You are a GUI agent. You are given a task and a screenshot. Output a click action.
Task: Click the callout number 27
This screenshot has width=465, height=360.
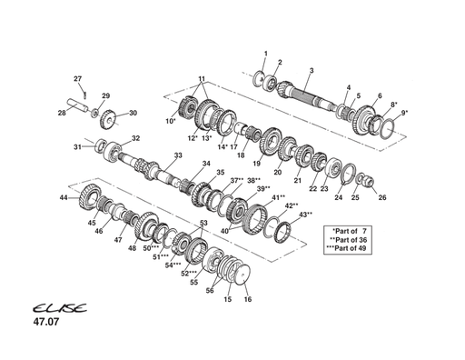pyautogui.click(x=77, y=78)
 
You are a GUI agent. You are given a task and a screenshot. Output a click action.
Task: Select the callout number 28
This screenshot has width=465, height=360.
pyautogui.click(x=62, y=113)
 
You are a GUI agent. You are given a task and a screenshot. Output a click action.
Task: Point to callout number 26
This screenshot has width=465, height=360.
pyautogui.click(x=381, y=196)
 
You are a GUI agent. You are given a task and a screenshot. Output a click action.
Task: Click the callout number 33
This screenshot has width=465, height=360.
pyautogui.click(x=178, y=155)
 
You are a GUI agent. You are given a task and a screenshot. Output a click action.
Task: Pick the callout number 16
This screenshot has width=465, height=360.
pyautogui.click(x=248, y=299)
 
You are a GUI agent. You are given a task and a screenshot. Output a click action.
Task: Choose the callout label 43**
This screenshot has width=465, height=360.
pyautogui.click(x=306, y=215)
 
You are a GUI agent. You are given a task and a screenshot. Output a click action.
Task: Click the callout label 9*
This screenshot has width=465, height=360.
pyautogui.click(x=404, y=113)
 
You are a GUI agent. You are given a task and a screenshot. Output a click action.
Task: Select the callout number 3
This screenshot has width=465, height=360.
pyautogui.click(x=312, y=70)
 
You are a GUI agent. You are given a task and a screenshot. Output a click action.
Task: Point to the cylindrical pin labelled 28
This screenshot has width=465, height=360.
pyautogui.click(x=79, y=106)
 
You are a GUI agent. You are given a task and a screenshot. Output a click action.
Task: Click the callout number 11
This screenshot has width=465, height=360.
pyautogui.click(x=202, y=78)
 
